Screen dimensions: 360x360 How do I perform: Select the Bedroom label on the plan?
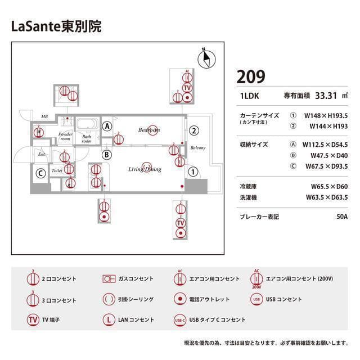149,130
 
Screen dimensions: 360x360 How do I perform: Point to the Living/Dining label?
145,169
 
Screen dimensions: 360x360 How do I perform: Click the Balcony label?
197,148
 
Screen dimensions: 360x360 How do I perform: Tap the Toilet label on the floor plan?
57,169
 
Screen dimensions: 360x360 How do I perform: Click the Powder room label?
66,137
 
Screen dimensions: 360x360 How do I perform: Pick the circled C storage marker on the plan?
40,174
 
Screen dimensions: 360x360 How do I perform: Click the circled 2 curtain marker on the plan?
193,130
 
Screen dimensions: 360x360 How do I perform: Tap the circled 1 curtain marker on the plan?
192,172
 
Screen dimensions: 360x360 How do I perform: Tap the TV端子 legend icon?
33,319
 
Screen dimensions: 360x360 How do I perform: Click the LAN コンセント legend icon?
109,319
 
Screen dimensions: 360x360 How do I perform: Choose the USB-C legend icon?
180,319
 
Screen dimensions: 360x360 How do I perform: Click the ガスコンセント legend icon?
109,278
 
